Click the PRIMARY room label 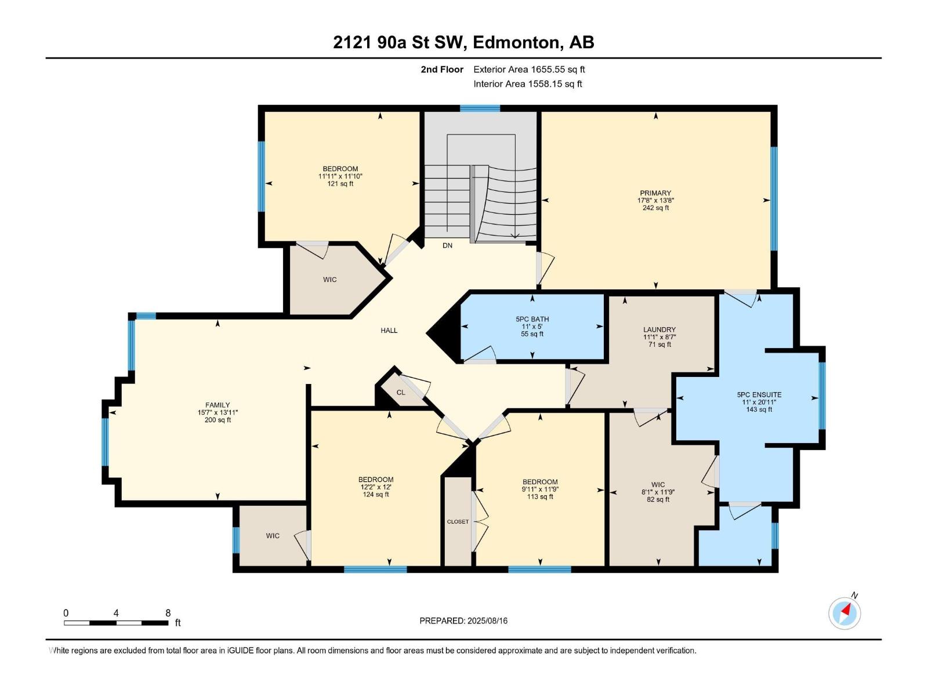[x=655, y=193]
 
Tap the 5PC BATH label [x=532, y=319]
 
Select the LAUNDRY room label [x=659, y=329]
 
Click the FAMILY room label [x=217, y=405]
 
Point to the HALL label [x=389, y=331]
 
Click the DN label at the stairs [x=447, y=246]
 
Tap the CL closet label [x=401, y=393]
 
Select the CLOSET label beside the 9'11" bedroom [x=458, y=522]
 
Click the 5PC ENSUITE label [x=759, y=395]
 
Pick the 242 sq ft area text [x=655, y=208]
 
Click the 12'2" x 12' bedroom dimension [x=376, y=487]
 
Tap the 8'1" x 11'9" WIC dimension [x=658, y=492]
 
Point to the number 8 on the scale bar [x=168, y=613]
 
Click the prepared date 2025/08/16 [x=487, y=621]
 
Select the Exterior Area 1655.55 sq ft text [x=529, y=70]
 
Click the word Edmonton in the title [x=517, y=42]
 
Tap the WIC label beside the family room [x=273, y=536]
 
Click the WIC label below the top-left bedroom [x=329, y=280]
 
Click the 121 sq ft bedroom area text [x=340, y=184]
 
